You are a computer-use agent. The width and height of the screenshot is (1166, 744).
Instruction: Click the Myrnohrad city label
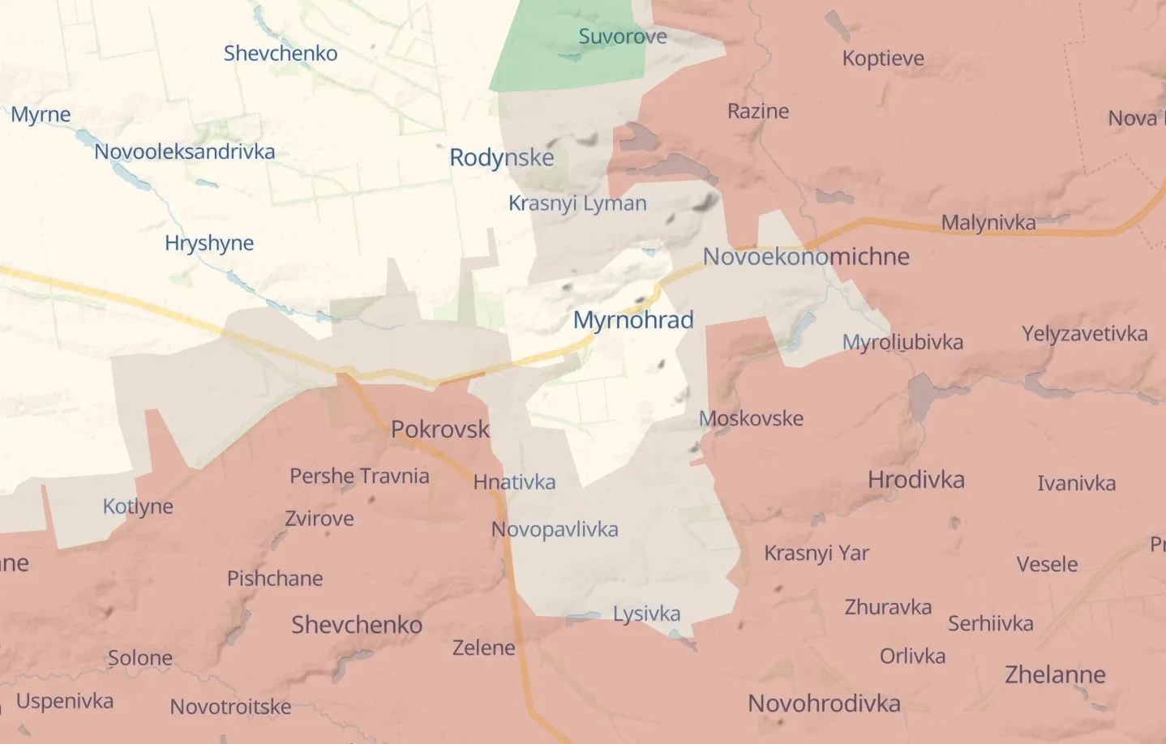tap(633, 320)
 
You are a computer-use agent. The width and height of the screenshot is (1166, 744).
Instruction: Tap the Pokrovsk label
tap(440, 429)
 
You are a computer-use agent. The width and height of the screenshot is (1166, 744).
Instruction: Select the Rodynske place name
tap(502, 157)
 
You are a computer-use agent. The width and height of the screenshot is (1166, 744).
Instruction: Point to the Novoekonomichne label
tap(806, 257)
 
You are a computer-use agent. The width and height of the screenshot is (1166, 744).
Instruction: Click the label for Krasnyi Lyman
tap(577, 203)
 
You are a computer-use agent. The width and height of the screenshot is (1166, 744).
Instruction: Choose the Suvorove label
tap(623, 36)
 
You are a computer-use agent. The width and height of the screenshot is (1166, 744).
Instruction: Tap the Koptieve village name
tap(883, 58)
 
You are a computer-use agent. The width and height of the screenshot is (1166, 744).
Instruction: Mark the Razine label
tap(758, 111)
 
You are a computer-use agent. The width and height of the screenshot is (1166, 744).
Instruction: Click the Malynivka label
tap(988, 223)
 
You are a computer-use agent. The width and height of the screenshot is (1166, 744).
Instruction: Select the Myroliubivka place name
tap(902, 342)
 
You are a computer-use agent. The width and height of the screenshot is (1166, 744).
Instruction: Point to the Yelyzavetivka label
tap(1084, 334)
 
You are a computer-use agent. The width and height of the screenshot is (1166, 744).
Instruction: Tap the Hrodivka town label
tap(916, 480)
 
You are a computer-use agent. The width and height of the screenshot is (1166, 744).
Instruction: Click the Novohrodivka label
tap(824, 703)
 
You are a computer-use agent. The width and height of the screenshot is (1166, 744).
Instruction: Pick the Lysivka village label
tap(646, 614)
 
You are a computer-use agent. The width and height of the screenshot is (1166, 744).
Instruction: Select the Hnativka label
tap(514, 482)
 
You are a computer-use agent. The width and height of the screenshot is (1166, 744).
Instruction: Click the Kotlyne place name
tap(138, 507)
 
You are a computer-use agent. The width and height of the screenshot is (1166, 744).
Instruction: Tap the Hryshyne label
tap(209, 243)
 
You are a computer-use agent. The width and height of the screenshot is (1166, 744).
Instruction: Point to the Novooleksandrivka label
tap(185, 152)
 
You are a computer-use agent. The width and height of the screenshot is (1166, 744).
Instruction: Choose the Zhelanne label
tap(1055, 674)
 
